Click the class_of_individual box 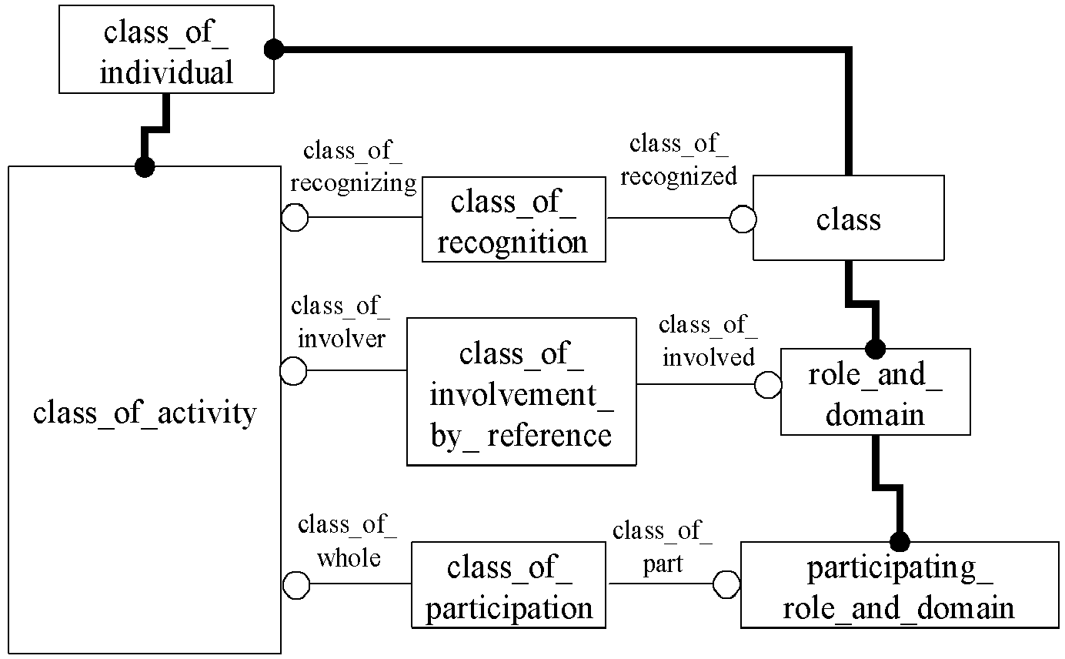pyautogui.click(x=166, y=49)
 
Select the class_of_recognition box pyautogui.click(x=514, y=219)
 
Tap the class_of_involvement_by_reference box pyautogui.click(x=522, y=392)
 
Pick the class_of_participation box pyautogui.click(x=509, y=585)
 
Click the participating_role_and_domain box pyautogui.click(x=900, y=585)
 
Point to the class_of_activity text pyautogui.click(x=145, y=413)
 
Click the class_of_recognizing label pyautogui.click(x=353, y=167)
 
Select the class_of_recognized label pyautogui.click(x=679, y=160)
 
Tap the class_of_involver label pyautogui.click(x=341, y=322)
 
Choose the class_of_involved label pyautogui.click(x=709, y=341)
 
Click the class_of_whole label pyautogui.click(x=348, y=541)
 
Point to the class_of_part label pyautogui.click(x=663, y=547)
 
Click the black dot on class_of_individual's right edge pyautogui.click(x=274, y=49)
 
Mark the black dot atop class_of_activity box pyautogui.click(x=145, y=167)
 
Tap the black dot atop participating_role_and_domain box pyautogui.click(x=900, y=541)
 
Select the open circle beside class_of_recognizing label pyautogui.click(x=295, y=217)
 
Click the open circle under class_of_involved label pyautogui.click(x=768, y=384)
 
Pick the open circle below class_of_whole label pyautogui.click(x=296, y=585)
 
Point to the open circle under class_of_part pyautogui.click(x=726, y=584)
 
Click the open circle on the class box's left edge pyautogui.click(x=743, y=219)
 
